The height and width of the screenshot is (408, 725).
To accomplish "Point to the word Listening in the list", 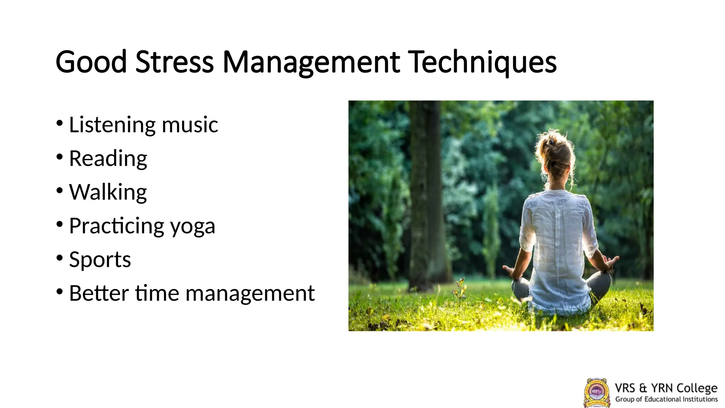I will pyautogui.click(x=112, y=125).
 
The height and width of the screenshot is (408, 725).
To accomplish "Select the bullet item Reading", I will pyautogui.click(x=108, y=158).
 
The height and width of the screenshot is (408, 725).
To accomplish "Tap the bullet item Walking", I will pyautogui.click(x=108, y=192).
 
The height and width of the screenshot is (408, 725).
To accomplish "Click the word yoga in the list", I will pyautogui.click(x=193, y=226).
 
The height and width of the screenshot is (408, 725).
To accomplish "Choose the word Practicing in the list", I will pyautogui.click(x=116, y=226).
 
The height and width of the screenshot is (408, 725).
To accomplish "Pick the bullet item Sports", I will pyautogui.click(x=100, y=260).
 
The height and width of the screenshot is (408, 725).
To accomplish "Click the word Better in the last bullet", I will pyautogui.click(x=99, y=293).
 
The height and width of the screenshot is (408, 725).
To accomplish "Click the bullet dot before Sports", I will pyautogui.click(x=59, y=257).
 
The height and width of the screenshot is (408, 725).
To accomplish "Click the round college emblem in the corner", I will pyautogui.click(x=596, y=392).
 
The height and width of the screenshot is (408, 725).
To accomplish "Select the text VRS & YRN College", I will pyautogui.click(x=666, y=388).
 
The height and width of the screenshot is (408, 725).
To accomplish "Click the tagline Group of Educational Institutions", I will pyautogui.click(x=666, y=399).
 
